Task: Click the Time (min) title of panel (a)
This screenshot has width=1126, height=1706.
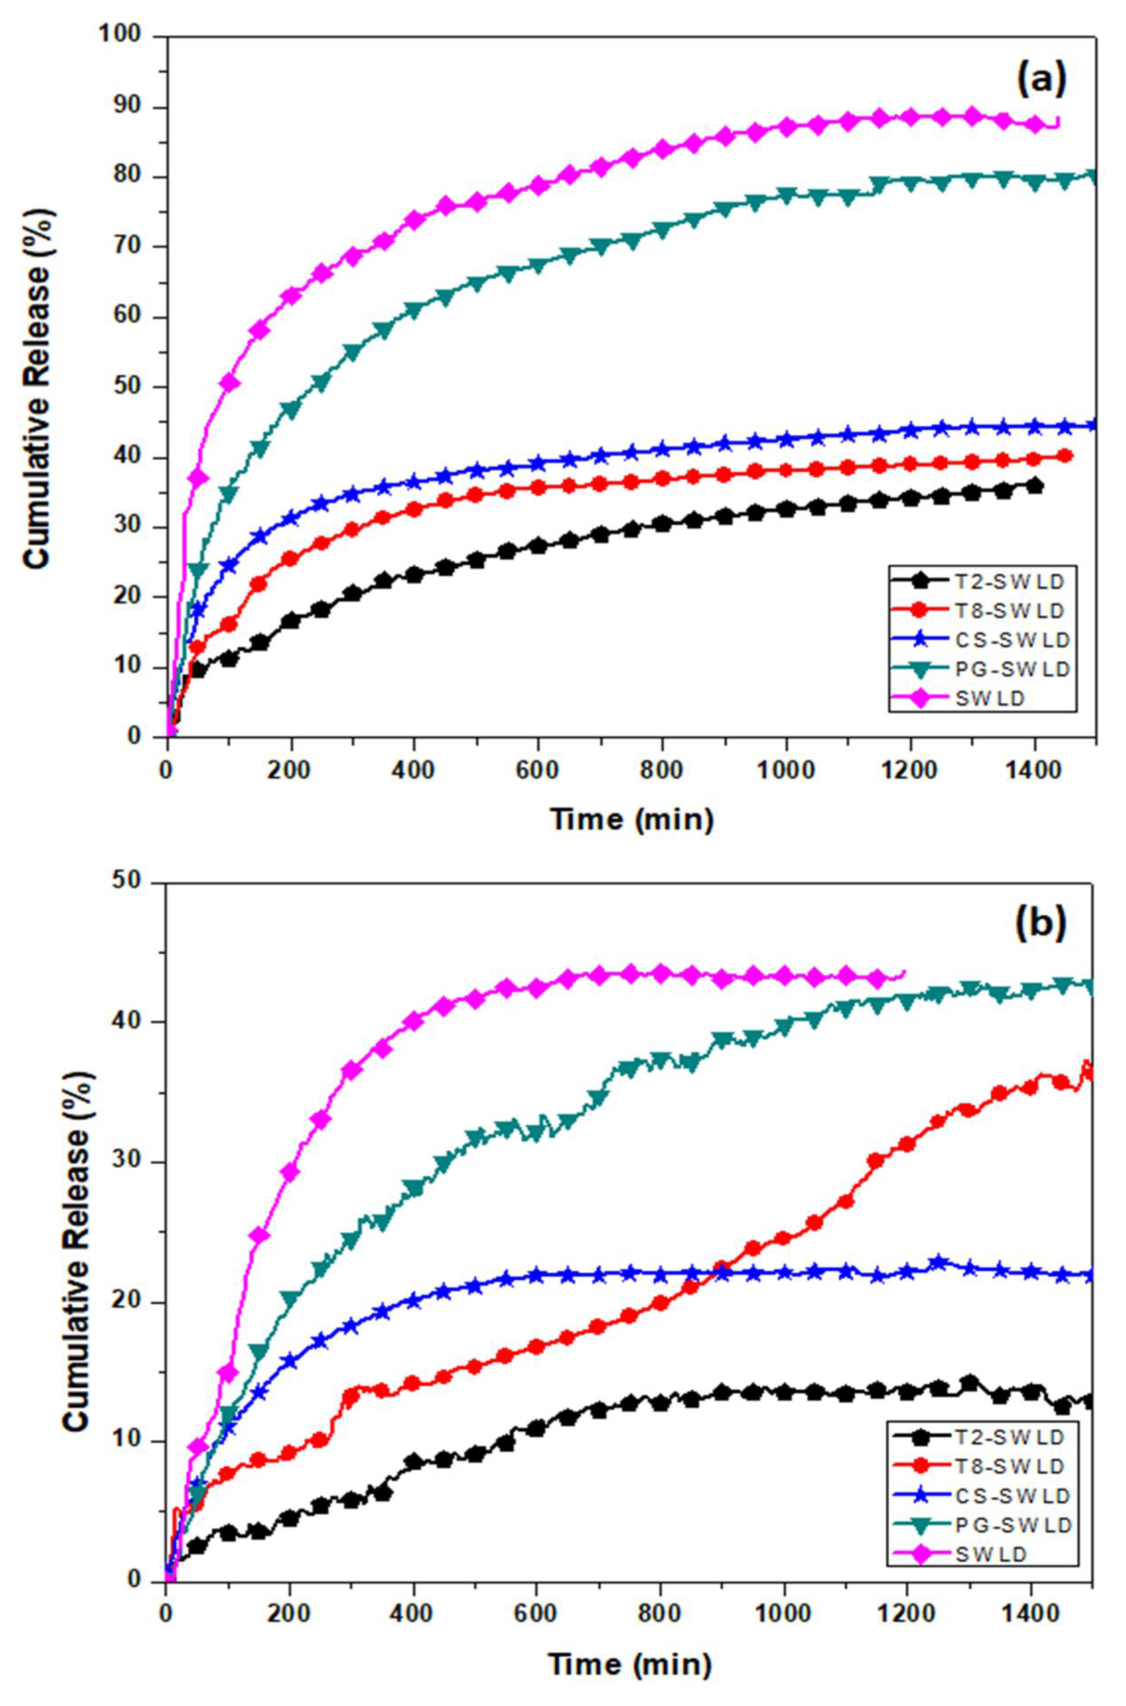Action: coord(632,818)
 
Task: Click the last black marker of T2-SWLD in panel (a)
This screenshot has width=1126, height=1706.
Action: coord(1035,486)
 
